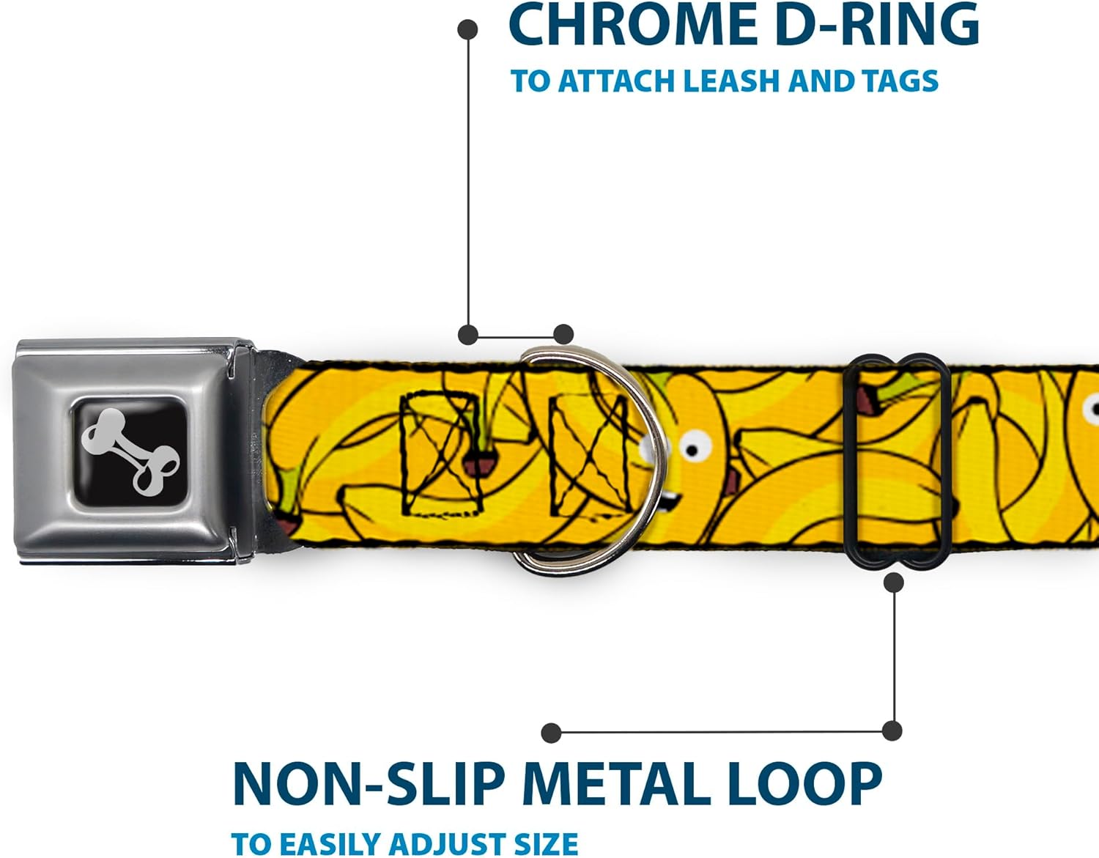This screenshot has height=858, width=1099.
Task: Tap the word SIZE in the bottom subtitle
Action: [x=545, y=843]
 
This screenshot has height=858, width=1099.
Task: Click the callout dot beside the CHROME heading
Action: [x=467, y=30]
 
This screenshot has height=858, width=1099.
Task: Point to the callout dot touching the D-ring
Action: [x=563, y=335]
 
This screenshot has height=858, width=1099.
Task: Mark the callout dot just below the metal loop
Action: [x=894, y=583]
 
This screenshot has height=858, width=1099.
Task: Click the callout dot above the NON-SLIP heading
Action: [x=551, y=733]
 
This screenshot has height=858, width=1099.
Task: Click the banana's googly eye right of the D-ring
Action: [x=693, y=443]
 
